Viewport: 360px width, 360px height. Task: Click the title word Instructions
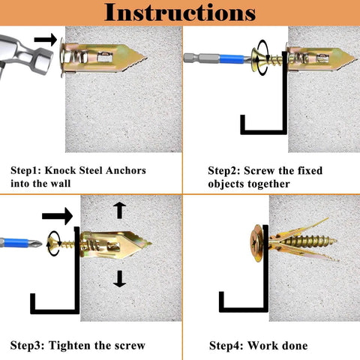179,12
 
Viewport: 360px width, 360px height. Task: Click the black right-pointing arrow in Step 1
46,40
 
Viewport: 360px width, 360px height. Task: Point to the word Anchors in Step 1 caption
124,171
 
